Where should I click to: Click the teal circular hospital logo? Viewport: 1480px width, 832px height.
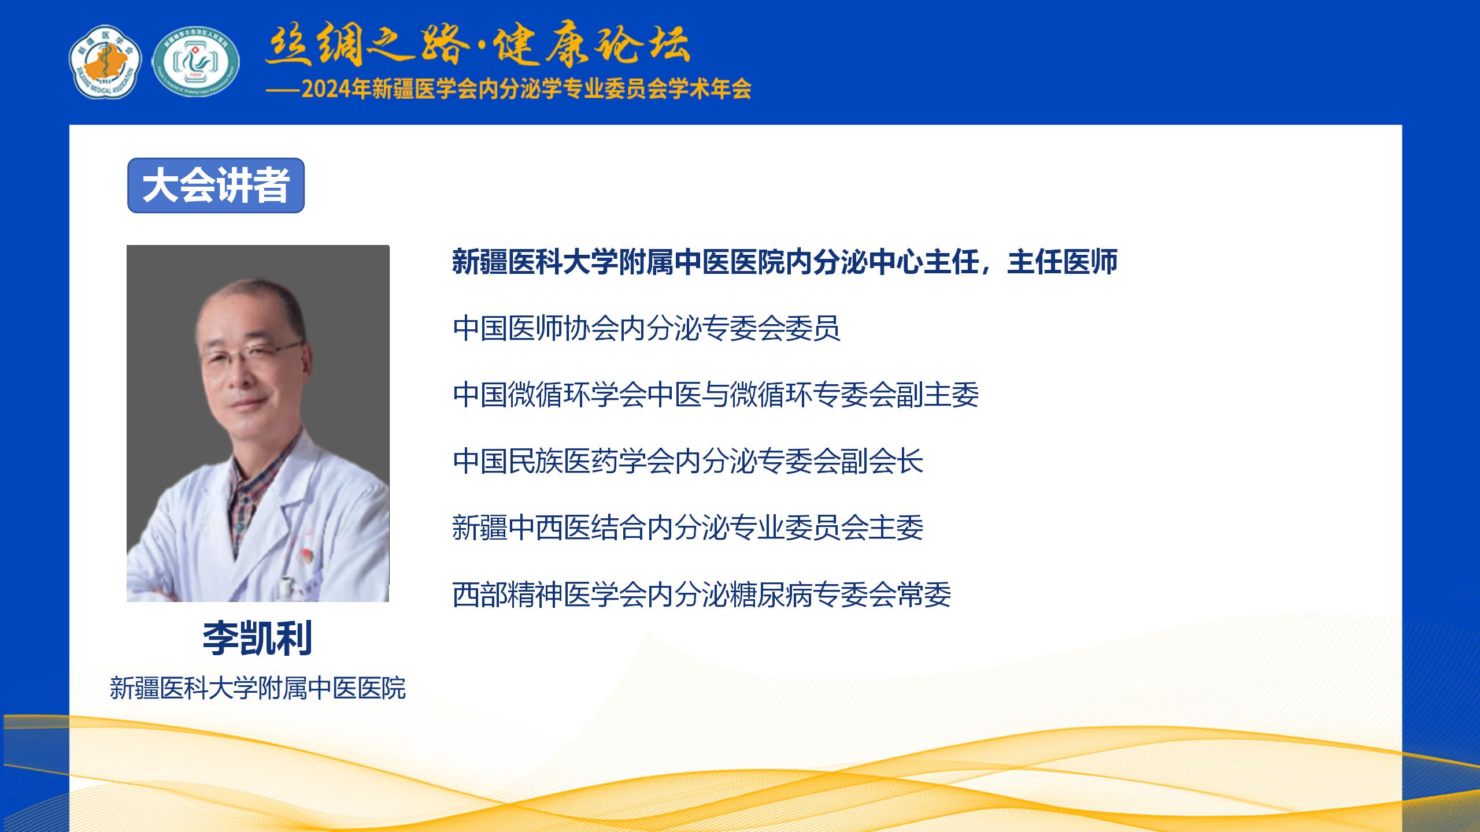click(x=197, y=61)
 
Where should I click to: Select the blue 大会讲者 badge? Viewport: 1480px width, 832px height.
click(x=216, y=185)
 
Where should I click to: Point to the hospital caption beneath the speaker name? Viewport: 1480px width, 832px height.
click(x=258, y=688)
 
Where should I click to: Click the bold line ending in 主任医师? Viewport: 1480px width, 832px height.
click(x=785, y=262)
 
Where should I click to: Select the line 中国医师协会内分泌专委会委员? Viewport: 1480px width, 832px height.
click(x=646, y=328)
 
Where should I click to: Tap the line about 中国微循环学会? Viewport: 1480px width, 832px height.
click(x=716, y=395)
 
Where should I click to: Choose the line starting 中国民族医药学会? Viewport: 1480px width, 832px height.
click(x=688, y=461)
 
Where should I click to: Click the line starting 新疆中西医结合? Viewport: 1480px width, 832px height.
click(x=688, y=528)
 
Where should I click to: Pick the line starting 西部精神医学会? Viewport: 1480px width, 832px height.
click(x=702, y=595)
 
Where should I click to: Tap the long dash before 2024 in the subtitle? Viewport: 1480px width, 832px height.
click(x=283, y=90)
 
